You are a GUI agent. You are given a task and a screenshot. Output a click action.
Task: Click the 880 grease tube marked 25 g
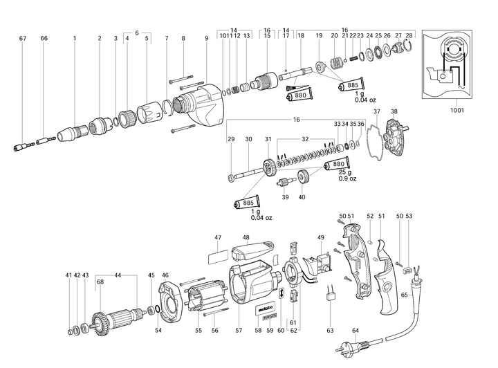coord(335,167)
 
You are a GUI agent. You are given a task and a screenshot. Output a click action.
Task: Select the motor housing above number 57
coord(252,284)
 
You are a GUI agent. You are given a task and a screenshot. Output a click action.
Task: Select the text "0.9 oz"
coord(347,179)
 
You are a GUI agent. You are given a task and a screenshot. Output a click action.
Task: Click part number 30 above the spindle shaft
coord(248,139)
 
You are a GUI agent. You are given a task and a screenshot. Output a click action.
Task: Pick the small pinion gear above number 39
coord(283,183)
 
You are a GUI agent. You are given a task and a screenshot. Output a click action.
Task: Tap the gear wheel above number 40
coord(302,177)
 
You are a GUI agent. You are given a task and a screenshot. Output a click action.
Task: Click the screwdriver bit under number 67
coord(24,146)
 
